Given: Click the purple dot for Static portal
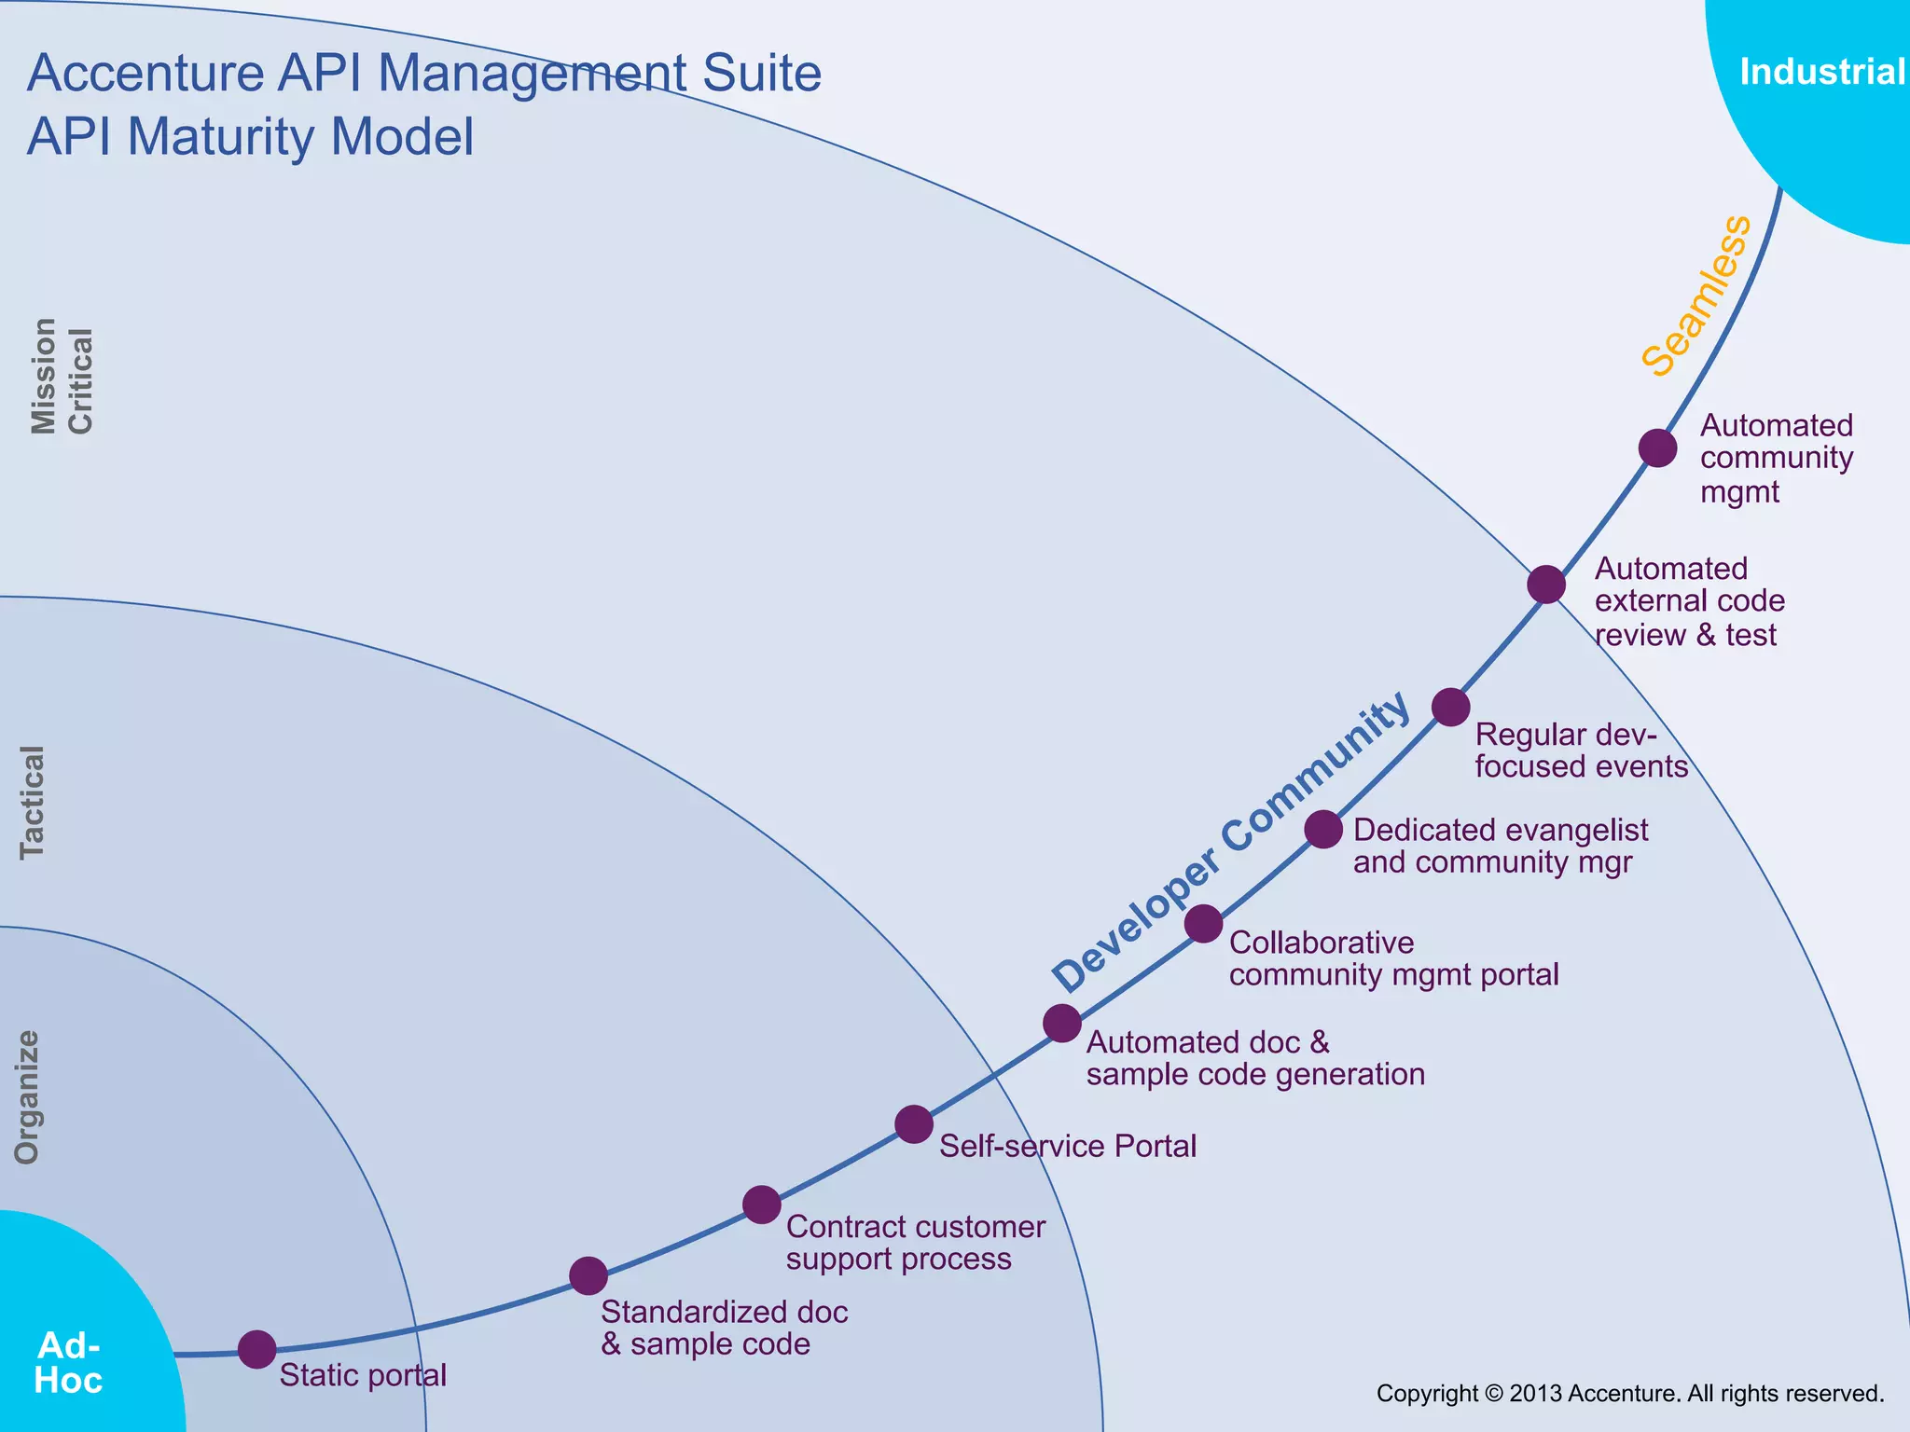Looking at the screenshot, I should pos(257,1349).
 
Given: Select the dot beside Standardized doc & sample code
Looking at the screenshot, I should pos(588,1275).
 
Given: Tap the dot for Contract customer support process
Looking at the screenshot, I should pos(762,1205).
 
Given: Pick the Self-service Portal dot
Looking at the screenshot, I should pos(914,1124).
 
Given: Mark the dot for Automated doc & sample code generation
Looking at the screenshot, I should pos(1062,1023).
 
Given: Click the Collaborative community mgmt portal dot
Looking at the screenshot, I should pos(1204,923).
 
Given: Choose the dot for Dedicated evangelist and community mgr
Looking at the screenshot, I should pos(1323,829).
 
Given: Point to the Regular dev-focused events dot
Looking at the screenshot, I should pos(1450,708).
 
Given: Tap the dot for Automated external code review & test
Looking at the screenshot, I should pos(1546,585).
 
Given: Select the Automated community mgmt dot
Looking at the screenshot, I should pos(1657,448).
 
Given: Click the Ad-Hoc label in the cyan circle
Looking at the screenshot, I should pos(68,1362).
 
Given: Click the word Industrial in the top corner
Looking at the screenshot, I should pos(1822,72).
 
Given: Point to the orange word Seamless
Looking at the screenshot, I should pos(1696,296).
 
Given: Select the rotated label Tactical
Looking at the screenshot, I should pos(32,802).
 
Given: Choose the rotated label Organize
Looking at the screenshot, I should pos(28,1097).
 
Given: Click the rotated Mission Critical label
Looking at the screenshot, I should pos(62,377).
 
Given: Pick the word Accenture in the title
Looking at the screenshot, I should pos(145,73).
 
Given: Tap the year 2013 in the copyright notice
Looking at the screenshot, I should pos(1535,1394).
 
